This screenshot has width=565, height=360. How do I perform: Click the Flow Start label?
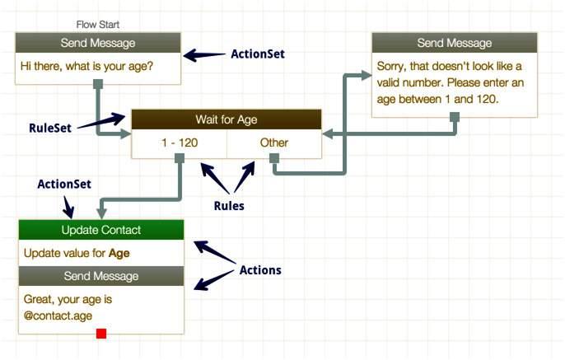[x=98, y=25]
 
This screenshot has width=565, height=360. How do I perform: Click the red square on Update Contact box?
[x=101, y=334]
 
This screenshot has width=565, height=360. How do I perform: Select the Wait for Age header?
[x=226, y=119]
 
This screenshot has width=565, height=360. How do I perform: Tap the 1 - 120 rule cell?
[x=180, y=143]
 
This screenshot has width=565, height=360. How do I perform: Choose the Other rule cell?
[x=273, y=143]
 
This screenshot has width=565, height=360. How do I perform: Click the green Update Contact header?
[x=101, y=230]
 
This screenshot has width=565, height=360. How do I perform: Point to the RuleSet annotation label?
[x=50, y=128]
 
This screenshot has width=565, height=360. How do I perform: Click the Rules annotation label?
[x=229, y=206]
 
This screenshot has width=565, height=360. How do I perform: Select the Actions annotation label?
[x=260, y=270]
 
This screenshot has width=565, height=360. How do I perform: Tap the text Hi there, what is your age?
[x=86, y=66]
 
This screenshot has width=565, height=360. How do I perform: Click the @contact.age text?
[x=58, y=316]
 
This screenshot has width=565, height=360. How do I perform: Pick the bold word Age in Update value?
[x=119, y=254]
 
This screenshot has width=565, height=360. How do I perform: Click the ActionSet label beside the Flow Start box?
[x=258, y=54]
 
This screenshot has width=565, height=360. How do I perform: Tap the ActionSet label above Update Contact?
[x=64, y=185]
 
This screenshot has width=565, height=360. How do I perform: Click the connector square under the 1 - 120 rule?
[x=180, y=158]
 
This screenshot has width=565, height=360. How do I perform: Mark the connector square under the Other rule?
[x=274, y=158]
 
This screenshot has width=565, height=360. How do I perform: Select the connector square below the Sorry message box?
[x=455, y=117]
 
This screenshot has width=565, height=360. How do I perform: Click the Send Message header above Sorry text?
[x=455, y=43]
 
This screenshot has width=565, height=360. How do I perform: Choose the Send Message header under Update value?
[x=101, y=276]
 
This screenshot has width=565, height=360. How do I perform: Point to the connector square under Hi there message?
[x=98, y=84]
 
